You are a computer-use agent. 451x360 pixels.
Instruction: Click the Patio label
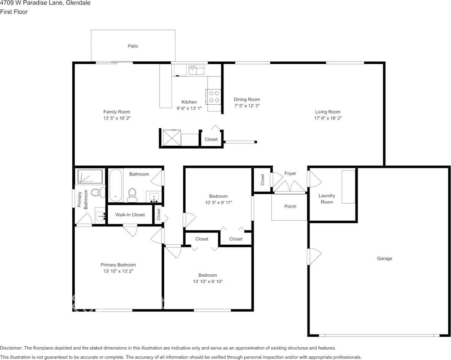[132, 46]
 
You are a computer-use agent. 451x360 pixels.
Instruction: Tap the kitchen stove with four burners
[214, 96]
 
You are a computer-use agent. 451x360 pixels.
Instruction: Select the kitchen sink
[196, 70]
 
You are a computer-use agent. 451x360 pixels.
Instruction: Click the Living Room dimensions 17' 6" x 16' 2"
[328, 118]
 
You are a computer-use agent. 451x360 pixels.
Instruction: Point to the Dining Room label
[247, 100]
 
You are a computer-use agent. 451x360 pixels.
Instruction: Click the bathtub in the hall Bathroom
[116, 185]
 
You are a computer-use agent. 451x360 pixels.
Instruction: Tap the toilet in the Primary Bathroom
[99, 192]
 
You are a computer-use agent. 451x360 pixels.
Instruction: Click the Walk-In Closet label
[130, 215]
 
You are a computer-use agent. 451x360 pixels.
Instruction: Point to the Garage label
[384, 259]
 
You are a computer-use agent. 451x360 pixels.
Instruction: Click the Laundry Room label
[327, 199]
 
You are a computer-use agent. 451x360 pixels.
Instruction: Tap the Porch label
[290, 207]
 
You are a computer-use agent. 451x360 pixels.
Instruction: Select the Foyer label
[290, 174]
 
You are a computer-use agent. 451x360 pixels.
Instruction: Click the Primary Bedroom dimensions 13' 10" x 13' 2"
[118, 271]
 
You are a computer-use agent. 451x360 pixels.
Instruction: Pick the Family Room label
[116, 112]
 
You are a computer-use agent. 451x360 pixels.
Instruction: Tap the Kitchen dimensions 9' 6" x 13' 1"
[189, 108]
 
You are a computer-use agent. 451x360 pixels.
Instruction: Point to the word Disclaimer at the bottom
[11, 348]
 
